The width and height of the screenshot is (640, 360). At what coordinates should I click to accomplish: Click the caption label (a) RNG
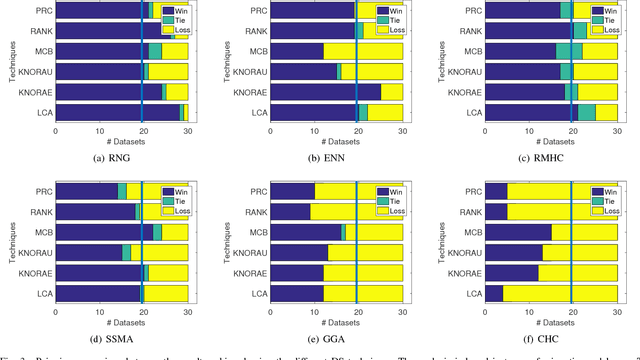click(123, 158)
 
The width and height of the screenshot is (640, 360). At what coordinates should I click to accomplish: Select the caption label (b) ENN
click(338, 158)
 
